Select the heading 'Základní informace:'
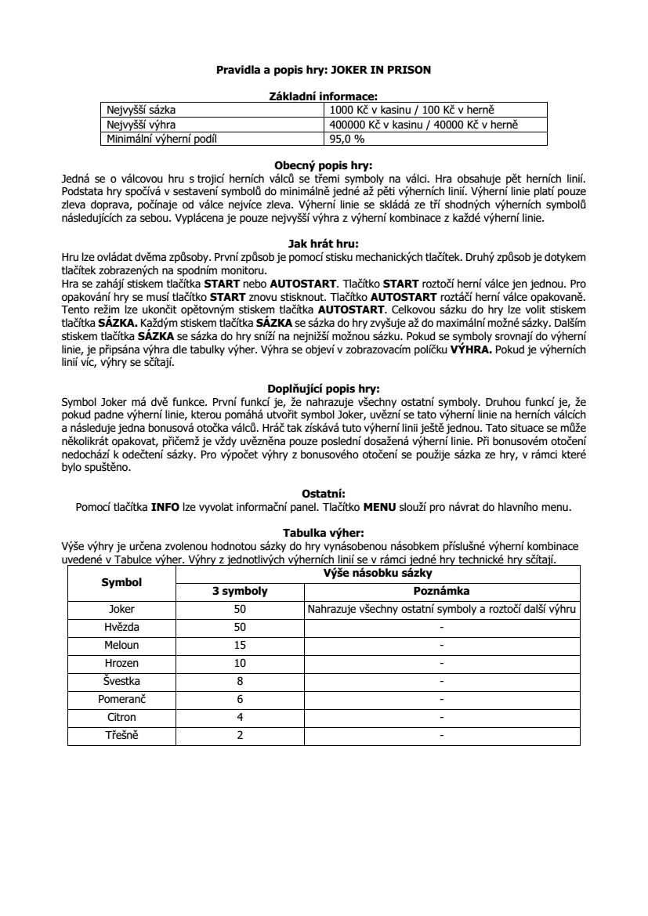324,96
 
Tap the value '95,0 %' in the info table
348,139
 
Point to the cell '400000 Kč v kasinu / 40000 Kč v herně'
425,125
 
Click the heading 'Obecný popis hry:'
324,165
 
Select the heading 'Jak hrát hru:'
324,244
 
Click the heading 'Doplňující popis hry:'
324,388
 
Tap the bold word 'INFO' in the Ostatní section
165,506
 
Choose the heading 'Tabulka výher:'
324,532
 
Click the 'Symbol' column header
121,582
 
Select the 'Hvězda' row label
121,627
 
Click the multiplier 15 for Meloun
240,645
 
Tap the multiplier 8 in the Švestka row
240,681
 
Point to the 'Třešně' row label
121,735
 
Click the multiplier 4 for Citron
240,717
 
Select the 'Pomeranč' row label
121,699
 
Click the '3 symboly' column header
240,591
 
